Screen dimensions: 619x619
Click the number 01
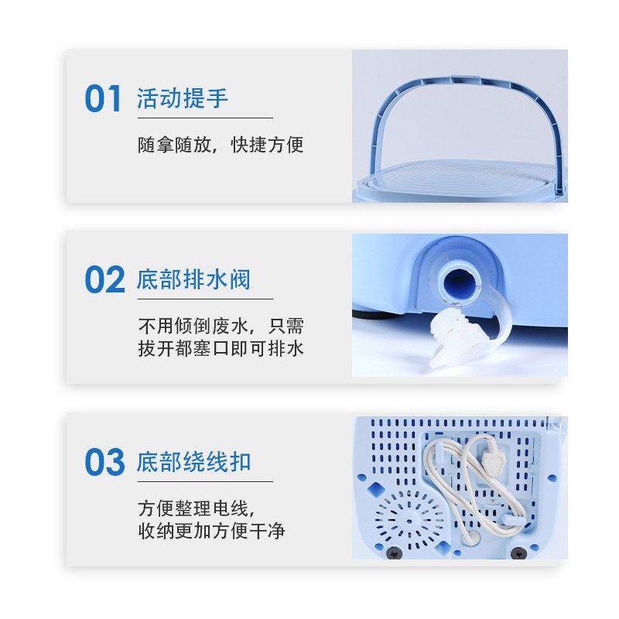(103, 99)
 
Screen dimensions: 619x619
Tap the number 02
(104, 280)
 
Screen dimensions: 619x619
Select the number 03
(104, 463)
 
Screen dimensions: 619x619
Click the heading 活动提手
(183, 99)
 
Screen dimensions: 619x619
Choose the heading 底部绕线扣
(193, 463)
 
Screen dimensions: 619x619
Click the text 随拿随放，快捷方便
(221, 145)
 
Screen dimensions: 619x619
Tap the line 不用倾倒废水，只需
(221, 326)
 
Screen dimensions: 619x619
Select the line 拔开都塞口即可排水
(221, 348)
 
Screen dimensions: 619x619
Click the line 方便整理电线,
(196, 508)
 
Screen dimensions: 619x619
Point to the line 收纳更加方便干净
(211, 531)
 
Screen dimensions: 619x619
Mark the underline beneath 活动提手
(205, 118)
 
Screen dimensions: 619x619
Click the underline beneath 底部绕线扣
(205, 481)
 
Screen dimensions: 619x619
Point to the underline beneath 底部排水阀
(205, 299)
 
